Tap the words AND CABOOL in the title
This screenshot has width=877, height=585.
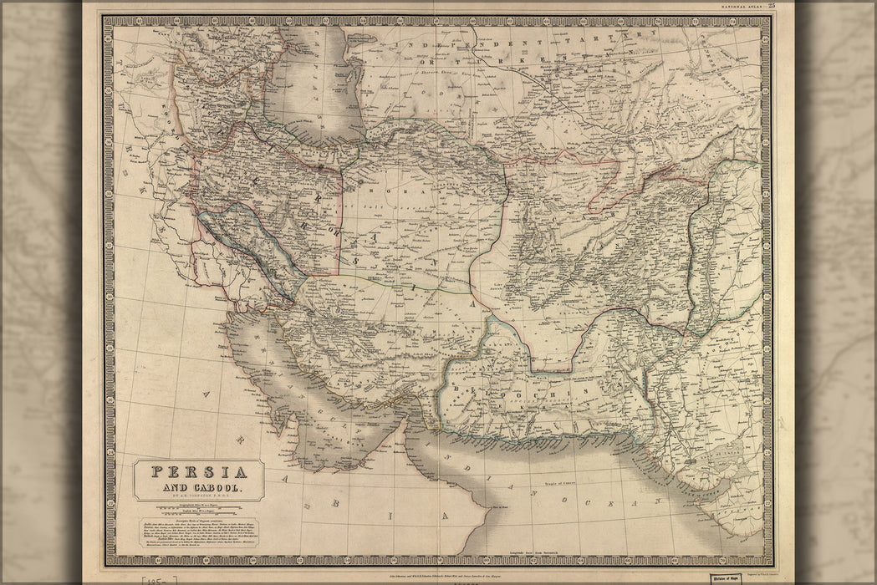point(198,489)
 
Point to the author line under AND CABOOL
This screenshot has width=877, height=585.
point(198,499)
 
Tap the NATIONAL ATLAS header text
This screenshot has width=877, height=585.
point(739,7)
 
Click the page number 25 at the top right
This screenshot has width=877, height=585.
point(772,6)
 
